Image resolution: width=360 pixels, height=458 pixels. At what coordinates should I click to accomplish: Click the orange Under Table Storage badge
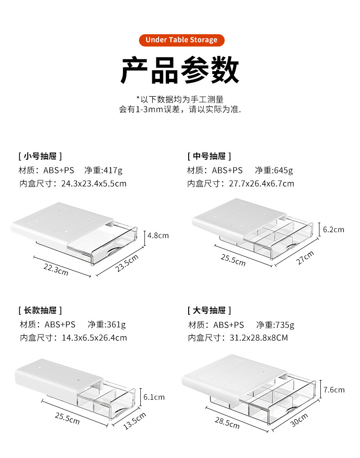coord(181,40)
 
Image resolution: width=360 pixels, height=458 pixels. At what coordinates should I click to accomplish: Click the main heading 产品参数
coord(180,70)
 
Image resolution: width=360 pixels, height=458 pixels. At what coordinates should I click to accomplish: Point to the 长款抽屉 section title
coord(40,311)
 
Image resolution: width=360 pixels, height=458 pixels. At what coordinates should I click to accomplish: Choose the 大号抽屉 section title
coord(209,311)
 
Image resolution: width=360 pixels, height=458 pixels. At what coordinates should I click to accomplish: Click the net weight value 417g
coord(113,171)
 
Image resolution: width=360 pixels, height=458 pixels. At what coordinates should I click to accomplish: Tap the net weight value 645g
coord(283,171)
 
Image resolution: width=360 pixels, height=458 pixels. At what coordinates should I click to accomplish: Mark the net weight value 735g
coord(285,325)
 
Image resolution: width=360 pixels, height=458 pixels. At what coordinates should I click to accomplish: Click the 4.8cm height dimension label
coord(158,236)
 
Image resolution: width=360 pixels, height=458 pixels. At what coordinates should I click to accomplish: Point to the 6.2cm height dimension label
coord(333,229)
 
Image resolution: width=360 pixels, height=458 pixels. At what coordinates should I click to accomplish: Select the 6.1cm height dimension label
coord(154,397)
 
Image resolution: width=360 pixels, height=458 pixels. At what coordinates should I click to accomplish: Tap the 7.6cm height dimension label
coord(334,390)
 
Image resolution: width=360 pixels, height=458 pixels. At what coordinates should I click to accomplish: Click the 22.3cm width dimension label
coord(56,269)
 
